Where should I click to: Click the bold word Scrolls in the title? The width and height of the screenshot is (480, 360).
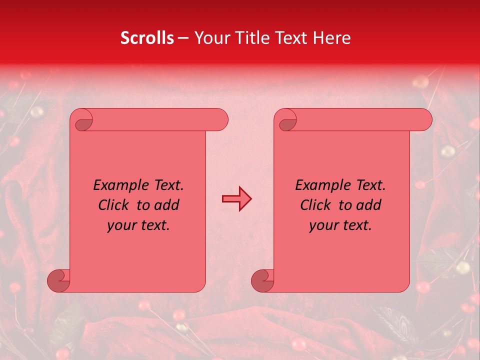pos(147,38)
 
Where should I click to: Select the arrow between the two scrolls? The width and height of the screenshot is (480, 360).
pos(236,199)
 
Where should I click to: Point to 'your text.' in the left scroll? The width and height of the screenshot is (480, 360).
pos(138,225)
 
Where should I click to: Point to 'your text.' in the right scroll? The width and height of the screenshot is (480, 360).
pos(340,225)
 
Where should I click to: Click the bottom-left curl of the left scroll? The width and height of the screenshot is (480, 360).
pos(58,280)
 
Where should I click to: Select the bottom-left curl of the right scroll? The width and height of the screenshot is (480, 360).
pos(262,280)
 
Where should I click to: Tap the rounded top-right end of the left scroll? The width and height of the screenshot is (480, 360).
pos(220,120)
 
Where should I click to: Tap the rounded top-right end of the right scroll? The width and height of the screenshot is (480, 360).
pos(424,120)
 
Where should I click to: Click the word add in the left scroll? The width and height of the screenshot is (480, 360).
pos(166,205)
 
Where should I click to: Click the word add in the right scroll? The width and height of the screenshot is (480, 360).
pos(368,205)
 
